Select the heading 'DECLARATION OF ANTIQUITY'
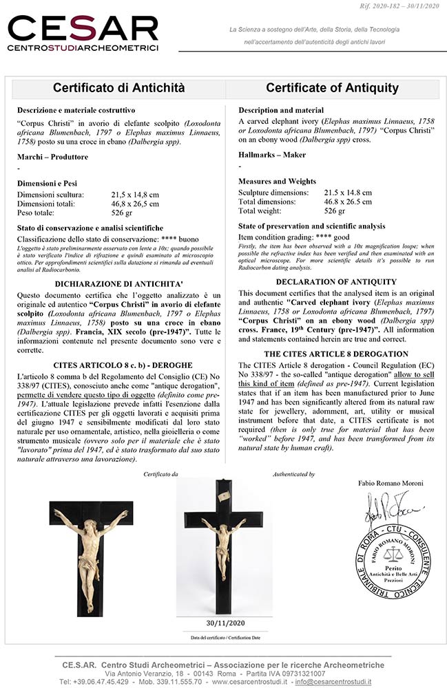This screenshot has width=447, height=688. point(336,281)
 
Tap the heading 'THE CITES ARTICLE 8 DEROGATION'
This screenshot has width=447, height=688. point(336,353)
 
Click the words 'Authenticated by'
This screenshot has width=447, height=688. point(294,474)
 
